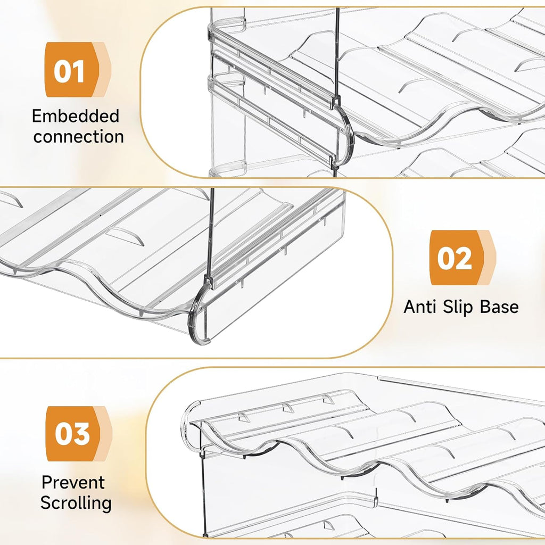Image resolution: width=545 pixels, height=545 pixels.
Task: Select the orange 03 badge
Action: pos(73,433)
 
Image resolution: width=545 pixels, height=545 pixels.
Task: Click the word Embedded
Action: pos(76,117)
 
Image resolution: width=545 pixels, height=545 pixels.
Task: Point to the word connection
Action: pos(78,136)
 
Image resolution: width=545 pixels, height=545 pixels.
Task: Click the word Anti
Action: pos(420,307)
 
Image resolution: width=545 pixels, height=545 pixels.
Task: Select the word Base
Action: pos(499,307)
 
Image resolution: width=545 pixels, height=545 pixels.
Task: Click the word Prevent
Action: pos(73,482)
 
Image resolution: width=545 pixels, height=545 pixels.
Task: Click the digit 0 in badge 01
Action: pos(62,70)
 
